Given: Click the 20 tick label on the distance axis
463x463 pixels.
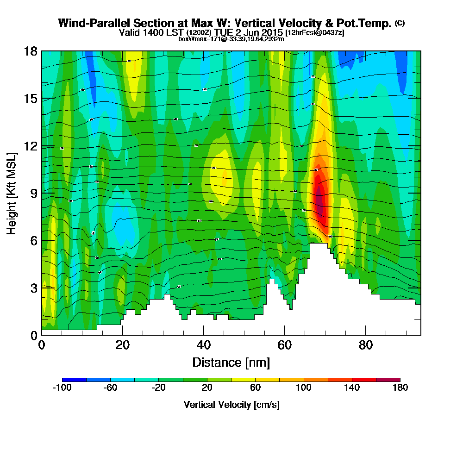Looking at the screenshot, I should click(123, 345).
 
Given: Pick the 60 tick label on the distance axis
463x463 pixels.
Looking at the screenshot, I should click(284, 345).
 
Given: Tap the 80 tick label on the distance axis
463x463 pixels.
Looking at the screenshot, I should click(366, 345).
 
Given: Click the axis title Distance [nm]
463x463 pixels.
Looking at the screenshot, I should click(231, 362).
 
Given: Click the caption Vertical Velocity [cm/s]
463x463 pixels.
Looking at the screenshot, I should click(231, 405).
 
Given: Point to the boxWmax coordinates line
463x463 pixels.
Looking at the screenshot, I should click(231, 39).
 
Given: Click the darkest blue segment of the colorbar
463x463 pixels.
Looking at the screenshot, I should click(74, 380).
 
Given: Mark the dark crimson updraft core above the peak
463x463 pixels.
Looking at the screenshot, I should click(319, 201).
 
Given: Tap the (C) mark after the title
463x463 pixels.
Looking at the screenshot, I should click(400, 23).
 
